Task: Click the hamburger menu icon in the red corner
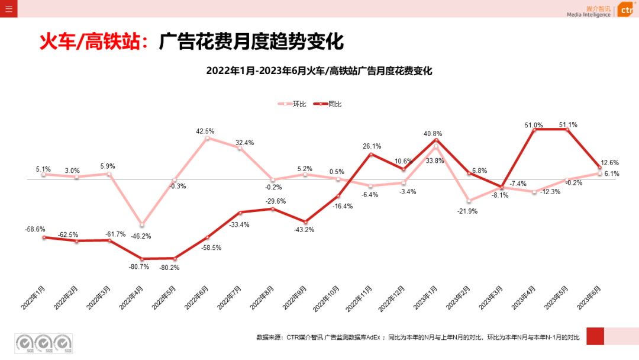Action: point(8,9)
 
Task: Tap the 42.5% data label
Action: point(205,131)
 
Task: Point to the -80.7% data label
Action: point(140,266)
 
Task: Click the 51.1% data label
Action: point(568,125)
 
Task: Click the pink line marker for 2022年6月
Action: point(207,139)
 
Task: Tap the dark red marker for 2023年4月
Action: point(535,129)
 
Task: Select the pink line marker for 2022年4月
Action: point(141,224)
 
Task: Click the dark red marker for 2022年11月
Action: point(371,155)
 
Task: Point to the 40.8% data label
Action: point(433,134)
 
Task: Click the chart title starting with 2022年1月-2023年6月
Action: point(319,70)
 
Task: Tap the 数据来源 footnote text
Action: point(418,337)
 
